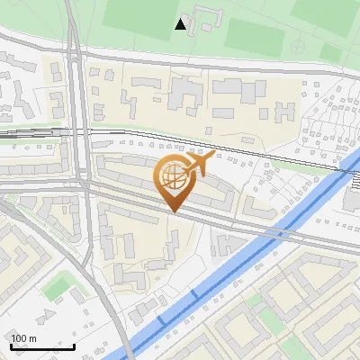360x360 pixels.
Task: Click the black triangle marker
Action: (181, 24)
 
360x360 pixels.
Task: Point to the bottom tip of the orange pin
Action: (173, 212)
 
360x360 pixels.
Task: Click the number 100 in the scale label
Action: (19, 338)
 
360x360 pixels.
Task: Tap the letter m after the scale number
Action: (32, 338)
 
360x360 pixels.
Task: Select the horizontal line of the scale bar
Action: (41, 346)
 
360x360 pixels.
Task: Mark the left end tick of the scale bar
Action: (9, 345)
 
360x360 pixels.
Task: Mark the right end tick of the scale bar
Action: (74, 345)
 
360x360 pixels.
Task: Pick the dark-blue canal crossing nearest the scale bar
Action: (162, 320)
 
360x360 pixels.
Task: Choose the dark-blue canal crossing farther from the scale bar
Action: (197, 294)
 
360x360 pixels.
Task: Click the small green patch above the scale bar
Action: (57, 287)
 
